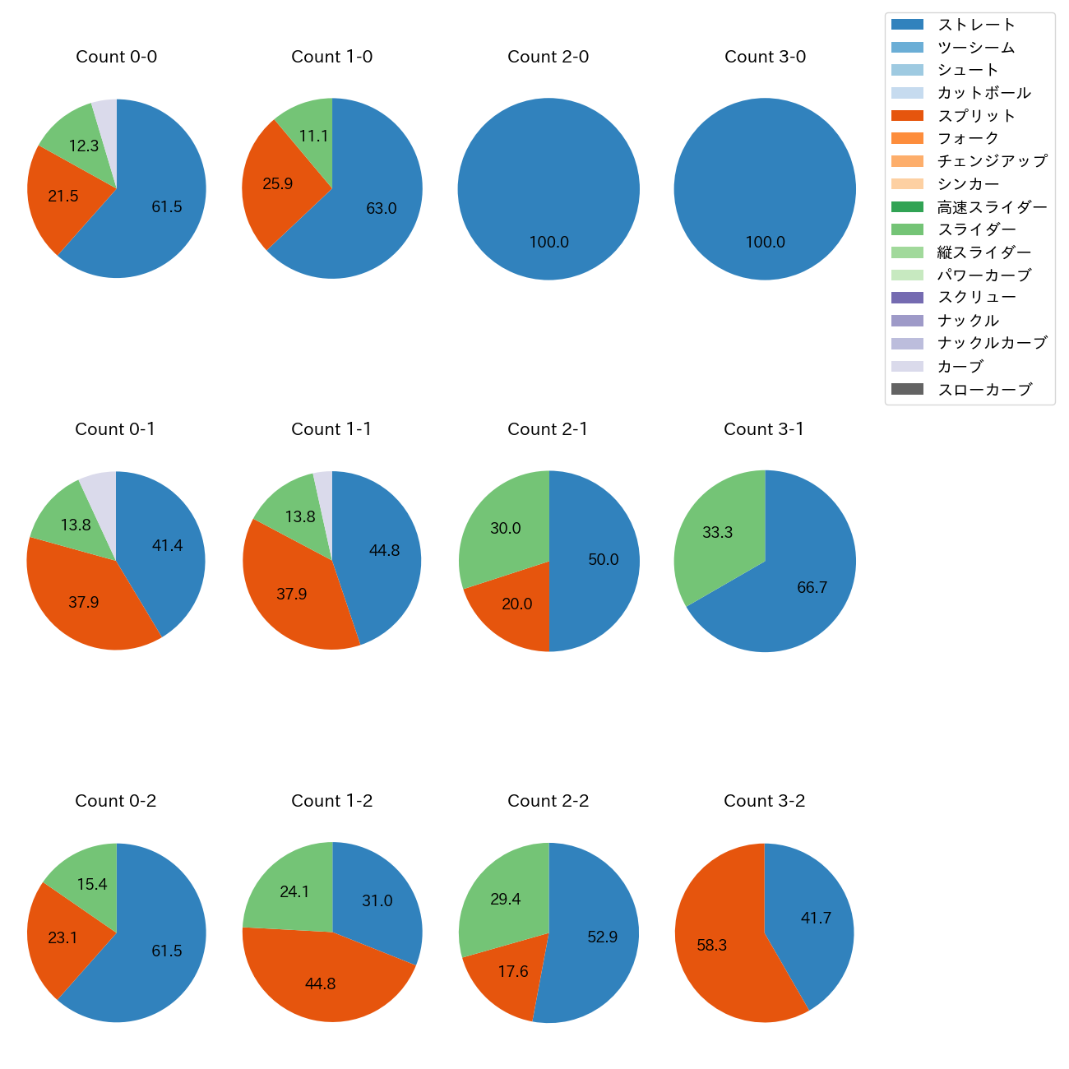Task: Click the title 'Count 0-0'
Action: (x=116, y=57)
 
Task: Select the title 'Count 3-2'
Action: (x=764, y=801)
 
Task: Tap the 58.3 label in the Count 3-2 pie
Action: (x=711, y=946)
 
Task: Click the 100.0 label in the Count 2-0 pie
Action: (x=548, y=243)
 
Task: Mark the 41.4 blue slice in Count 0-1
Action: (x=167, y=546)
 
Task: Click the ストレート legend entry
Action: (x=976, y=25)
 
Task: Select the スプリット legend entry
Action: (x=976, y=116)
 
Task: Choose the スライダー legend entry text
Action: (x=976, y=229)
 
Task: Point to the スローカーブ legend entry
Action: (x=984, y=390)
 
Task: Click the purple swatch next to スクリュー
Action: (x=907, y=298)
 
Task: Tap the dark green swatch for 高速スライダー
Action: (x=907, y=206)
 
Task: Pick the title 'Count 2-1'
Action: (x=548, y=429)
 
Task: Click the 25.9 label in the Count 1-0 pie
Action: (x=277, y=184)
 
